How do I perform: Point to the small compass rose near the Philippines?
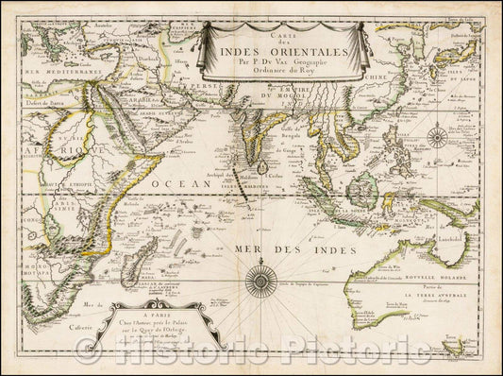coord(437,137)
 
